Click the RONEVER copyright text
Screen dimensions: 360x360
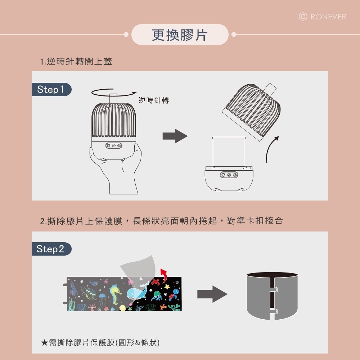coord(323,17)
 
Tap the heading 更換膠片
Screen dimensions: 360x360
coord(180,35)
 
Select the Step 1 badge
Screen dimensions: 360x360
coord(51,90)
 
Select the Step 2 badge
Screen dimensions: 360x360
coord(51,249)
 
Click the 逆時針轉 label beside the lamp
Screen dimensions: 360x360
coord(154,100)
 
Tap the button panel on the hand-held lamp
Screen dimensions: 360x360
coord(114,146)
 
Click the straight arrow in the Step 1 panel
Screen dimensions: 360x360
coord(175,136)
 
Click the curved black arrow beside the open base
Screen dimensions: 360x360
coord(271,149)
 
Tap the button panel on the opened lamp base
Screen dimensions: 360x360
coord(229,175)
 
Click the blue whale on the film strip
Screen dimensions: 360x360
coord(137,292)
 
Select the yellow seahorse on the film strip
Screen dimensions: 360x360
coord(116,293)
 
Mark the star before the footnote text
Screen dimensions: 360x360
coord(44,342)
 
